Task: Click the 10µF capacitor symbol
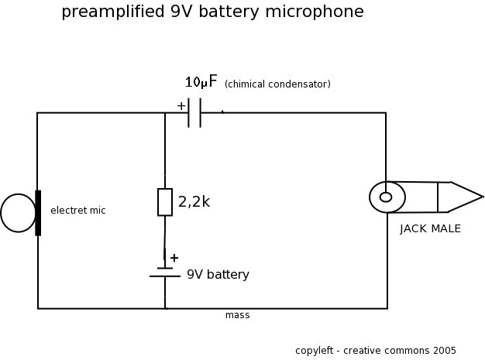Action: pyautogui.click(x=194, y=113)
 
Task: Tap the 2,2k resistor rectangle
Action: pyautogui.click(x=165, y=201)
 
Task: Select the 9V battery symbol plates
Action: pyautogui.click(x=165, y=272)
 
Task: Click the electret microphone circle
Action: pyautogui.click(x=17, y=213)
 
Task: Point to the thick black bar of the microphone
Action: pyautogui.click(x=37, y=212)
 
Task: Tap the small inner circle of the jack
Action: pyautogui.click(x=386, y=197)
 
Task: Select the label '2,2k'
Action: pyautogui.click(x=194, y=202)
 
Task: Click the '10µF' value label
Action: pyautogui.click(x=201, y=82)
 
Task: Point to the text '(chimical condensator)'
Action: pyautogui.click(x=277, y=84)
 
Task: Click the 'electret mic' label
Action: pyautogui.click(x=77, y=211)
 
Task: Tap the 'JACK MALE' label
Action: pyautogui.click(x=430, y=228)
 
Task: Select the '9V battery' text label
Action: pyautogui.click(x=218, y=275)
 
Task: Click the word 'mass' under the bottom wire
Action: pyautogui.click(x=237, y=315)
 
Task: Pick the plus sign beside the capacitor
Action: pyautogui.click(x=181, y=106)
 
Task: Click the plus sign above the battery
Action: pyautogui.click(x=174, y=258)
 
